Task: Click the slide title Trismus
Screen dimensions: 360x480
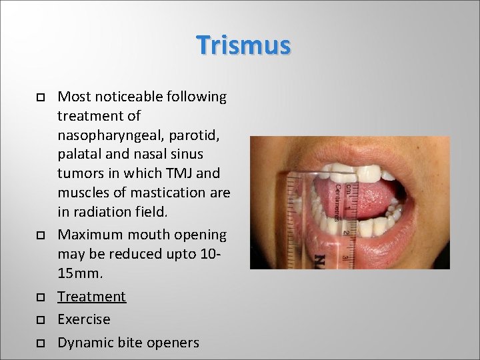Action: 243,45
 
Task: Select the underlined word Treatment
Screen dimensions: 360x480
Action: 91,296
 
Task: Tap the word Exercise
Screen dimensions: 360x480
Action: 84,319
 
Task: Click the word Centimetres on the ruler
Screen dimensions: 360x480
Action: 338,203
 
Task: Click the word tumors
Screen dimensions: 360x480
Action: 81,174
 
